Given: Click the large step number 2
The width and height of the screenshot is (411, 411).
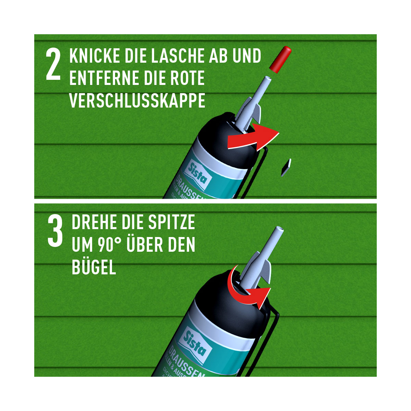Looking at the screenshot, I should coord(53,65).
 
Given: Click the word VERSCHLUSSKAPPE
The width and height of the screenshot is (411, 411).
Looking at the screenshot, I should coord(137,100).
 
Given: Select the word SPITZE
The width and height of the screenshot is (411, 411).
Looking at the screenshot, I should coord(171,223).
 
